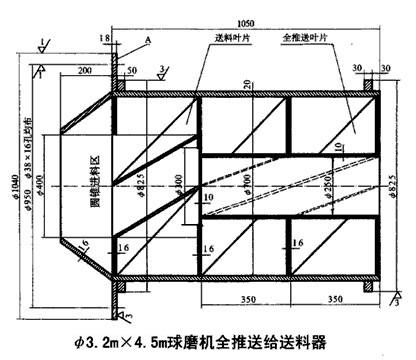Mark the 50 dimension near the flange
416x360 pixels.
pos(133,72)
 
